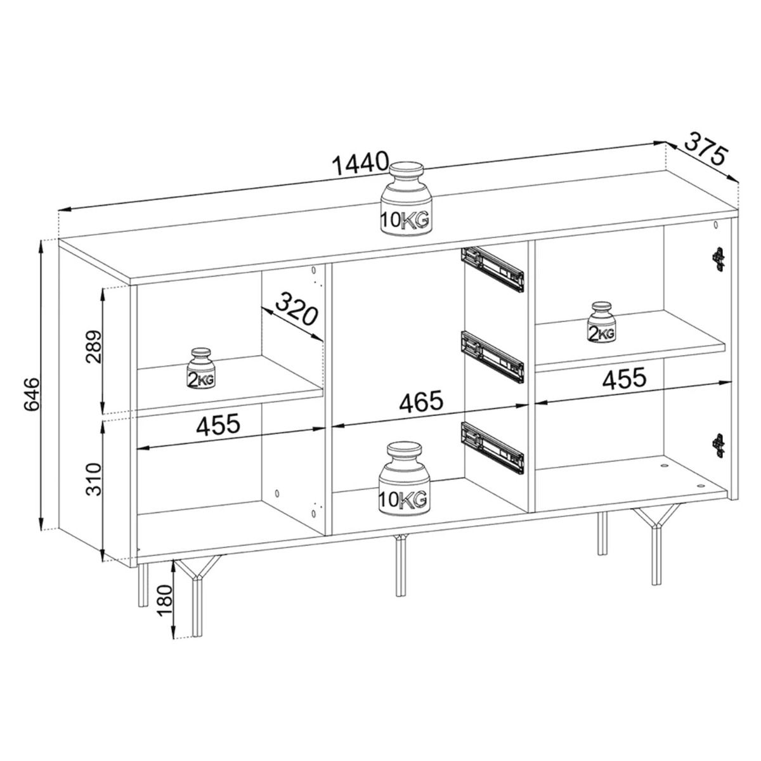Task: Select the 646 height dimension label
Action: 32,394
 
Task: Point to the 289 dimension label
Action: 94,347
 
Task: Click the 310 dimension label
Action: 94,479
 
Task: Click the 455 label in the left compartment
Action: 218,425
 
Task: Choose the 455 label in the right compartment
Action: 625,378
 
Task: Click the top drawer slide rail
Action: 493,269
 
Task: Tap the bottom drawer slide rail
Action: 493,448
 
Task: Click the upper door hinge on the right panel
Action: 719,259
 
